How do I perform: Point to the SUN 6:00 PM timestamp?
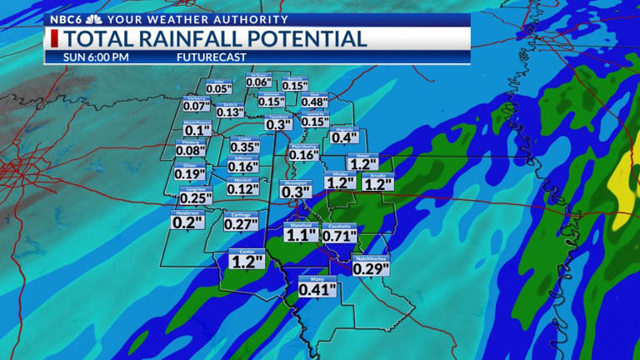click(97, 57)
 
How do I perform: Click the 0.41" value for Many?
click(317, 289)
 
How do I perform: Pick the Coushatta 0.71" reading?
click(339, 235)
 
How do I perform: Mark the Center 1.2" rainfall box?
click(247, 261)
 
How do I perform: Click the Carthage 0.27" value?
click(241, 223)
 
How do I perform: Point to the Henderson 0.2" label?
click(187, 222)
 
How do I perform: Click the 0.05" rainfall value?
click(218, 89)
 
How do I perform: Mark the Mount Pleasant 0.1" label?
click(197, 130)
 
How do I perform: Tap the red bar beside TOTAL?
click(54, 39)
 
